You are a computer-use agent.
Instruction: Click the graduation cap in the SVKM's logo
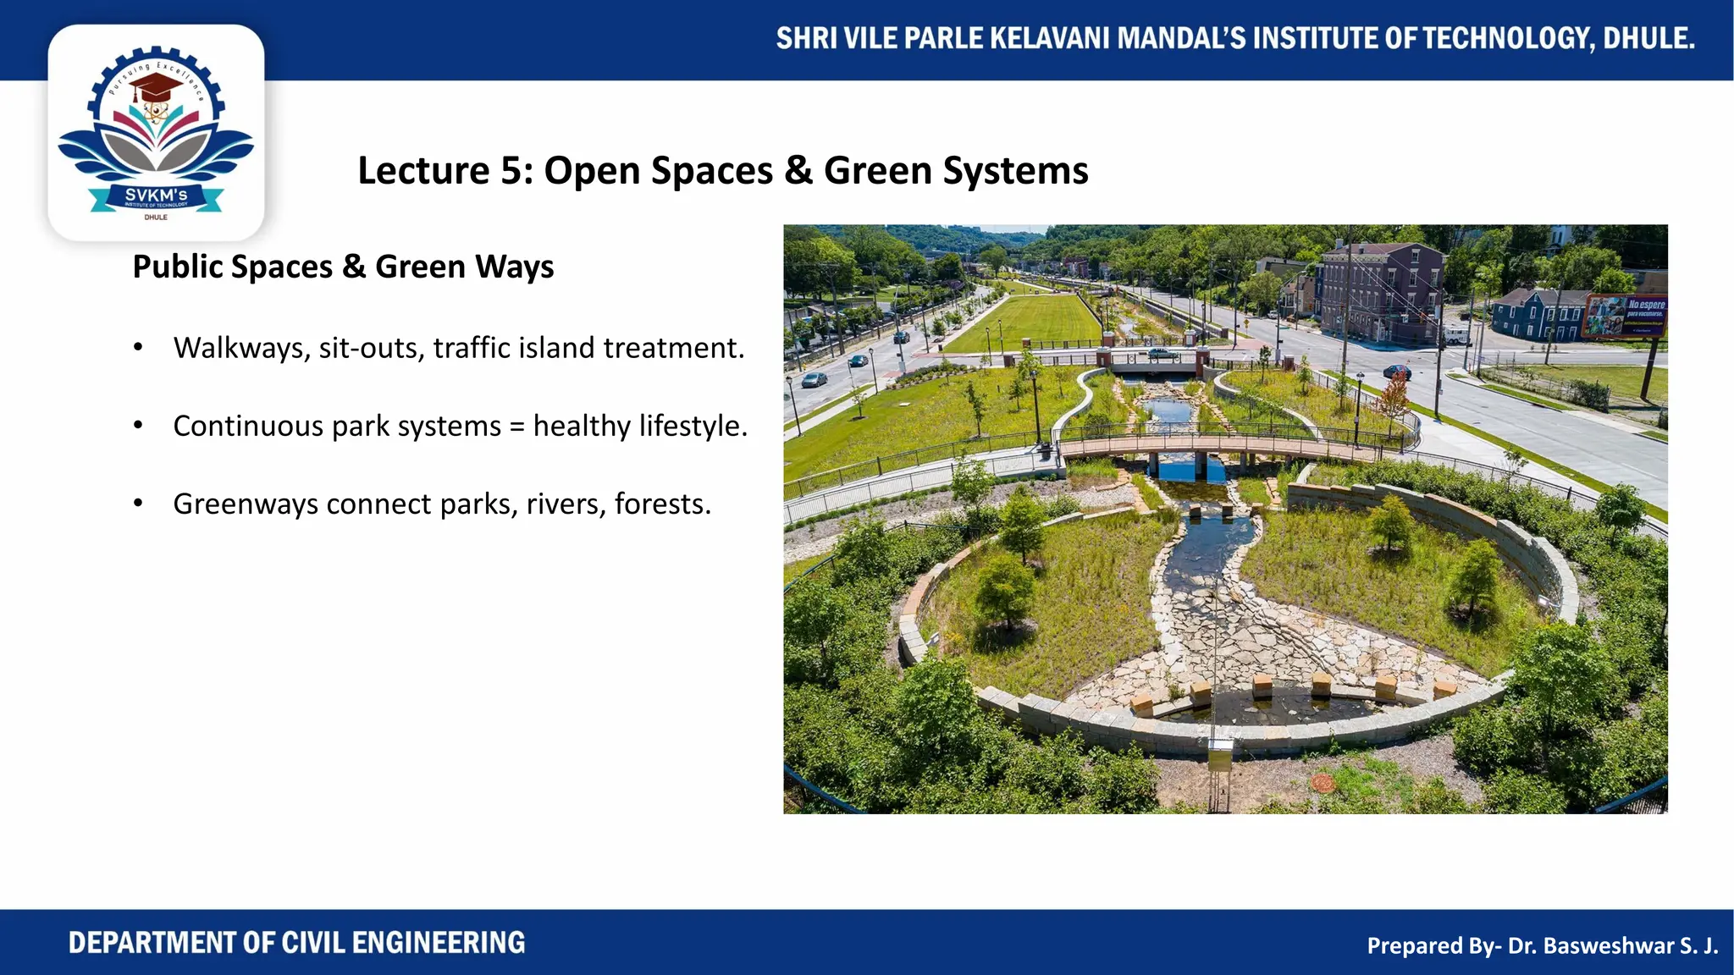pyautogui.click(x=155, y=86)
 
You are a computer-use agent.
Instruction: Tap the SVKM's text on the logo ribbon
pyautogui.click(x=156, y=196)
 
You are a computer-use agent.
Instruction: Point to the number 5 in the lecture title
pyautogui.click(x=511, y=171)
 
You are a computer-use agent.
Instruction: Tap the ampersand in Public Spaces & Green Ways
pyautogui.click(x=354, y=267)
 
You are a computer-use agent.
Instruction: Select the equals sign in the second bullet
pyautogui.click(x=517, y=427)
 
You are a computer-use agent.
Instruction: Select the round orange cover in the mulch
pyautogui.click(x=1322, y=783)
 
